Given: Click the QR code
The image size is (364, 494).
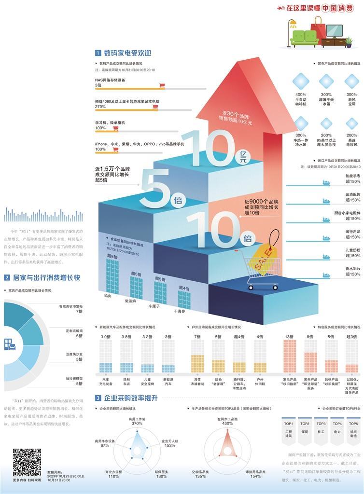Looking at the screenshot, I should tap(27, 462).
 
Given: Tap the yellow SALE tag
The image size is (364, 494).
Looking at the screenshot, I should tap(265, 251).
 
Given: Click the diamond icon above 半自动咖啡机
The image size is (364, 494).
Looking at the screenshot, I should tap(301, 81).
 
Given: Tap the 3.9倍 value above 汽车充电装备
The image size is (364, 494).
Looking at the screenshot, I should tap(105, 337).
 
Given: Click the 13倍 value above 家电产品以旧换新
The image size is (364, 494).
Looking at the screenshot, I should tap(289, 337).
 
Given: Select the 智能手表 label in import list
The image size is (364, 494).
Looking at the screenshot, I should tap(352, 177).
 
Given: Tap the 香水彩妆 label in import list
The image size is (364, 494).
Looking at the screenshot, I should tap(352, 268).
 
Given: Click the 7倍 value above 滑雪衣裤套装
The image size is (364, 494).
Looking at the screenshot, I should tap(197, 337).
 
